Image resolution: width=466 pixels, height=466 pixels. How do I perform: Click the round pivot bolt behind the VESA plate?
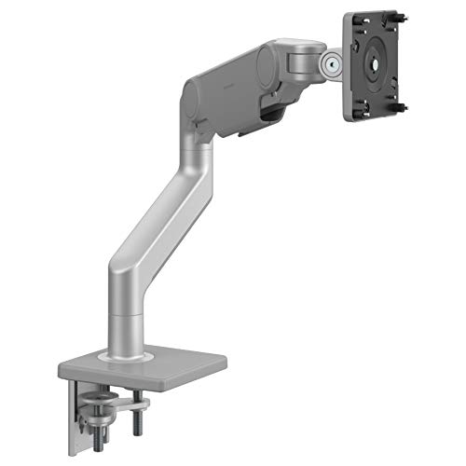point(331,64)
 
